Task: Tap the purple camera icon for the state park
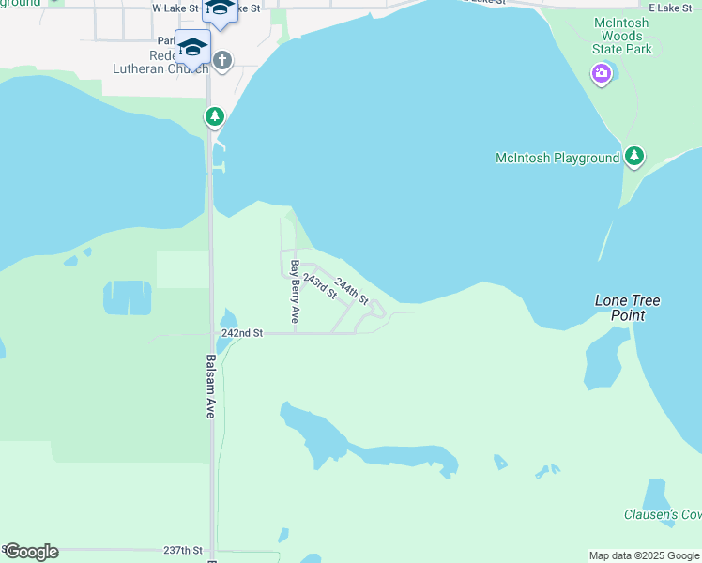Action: point(602,73)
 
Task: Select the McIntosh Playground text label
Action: point(557,159)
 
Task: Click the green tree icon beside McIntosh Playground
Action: point(634,156)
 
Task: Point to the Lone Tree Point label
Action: point(628,308)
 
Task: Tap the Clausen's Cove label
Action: point(663,514)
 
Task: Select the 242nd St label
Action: point(242,333)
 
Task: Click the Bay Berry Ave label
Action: point(295,292)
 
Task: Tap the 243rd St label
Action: point(320,285)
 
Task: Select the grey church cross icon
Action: point(222,62)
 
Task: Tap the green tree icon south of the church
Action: point(216,117)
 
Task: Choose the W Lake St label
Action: point(175,8)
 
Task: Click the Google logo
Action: point(30,552)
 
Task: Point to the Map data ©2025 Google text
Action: point(644,555)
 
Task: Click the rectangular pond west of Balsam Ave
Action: point(127,298)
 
